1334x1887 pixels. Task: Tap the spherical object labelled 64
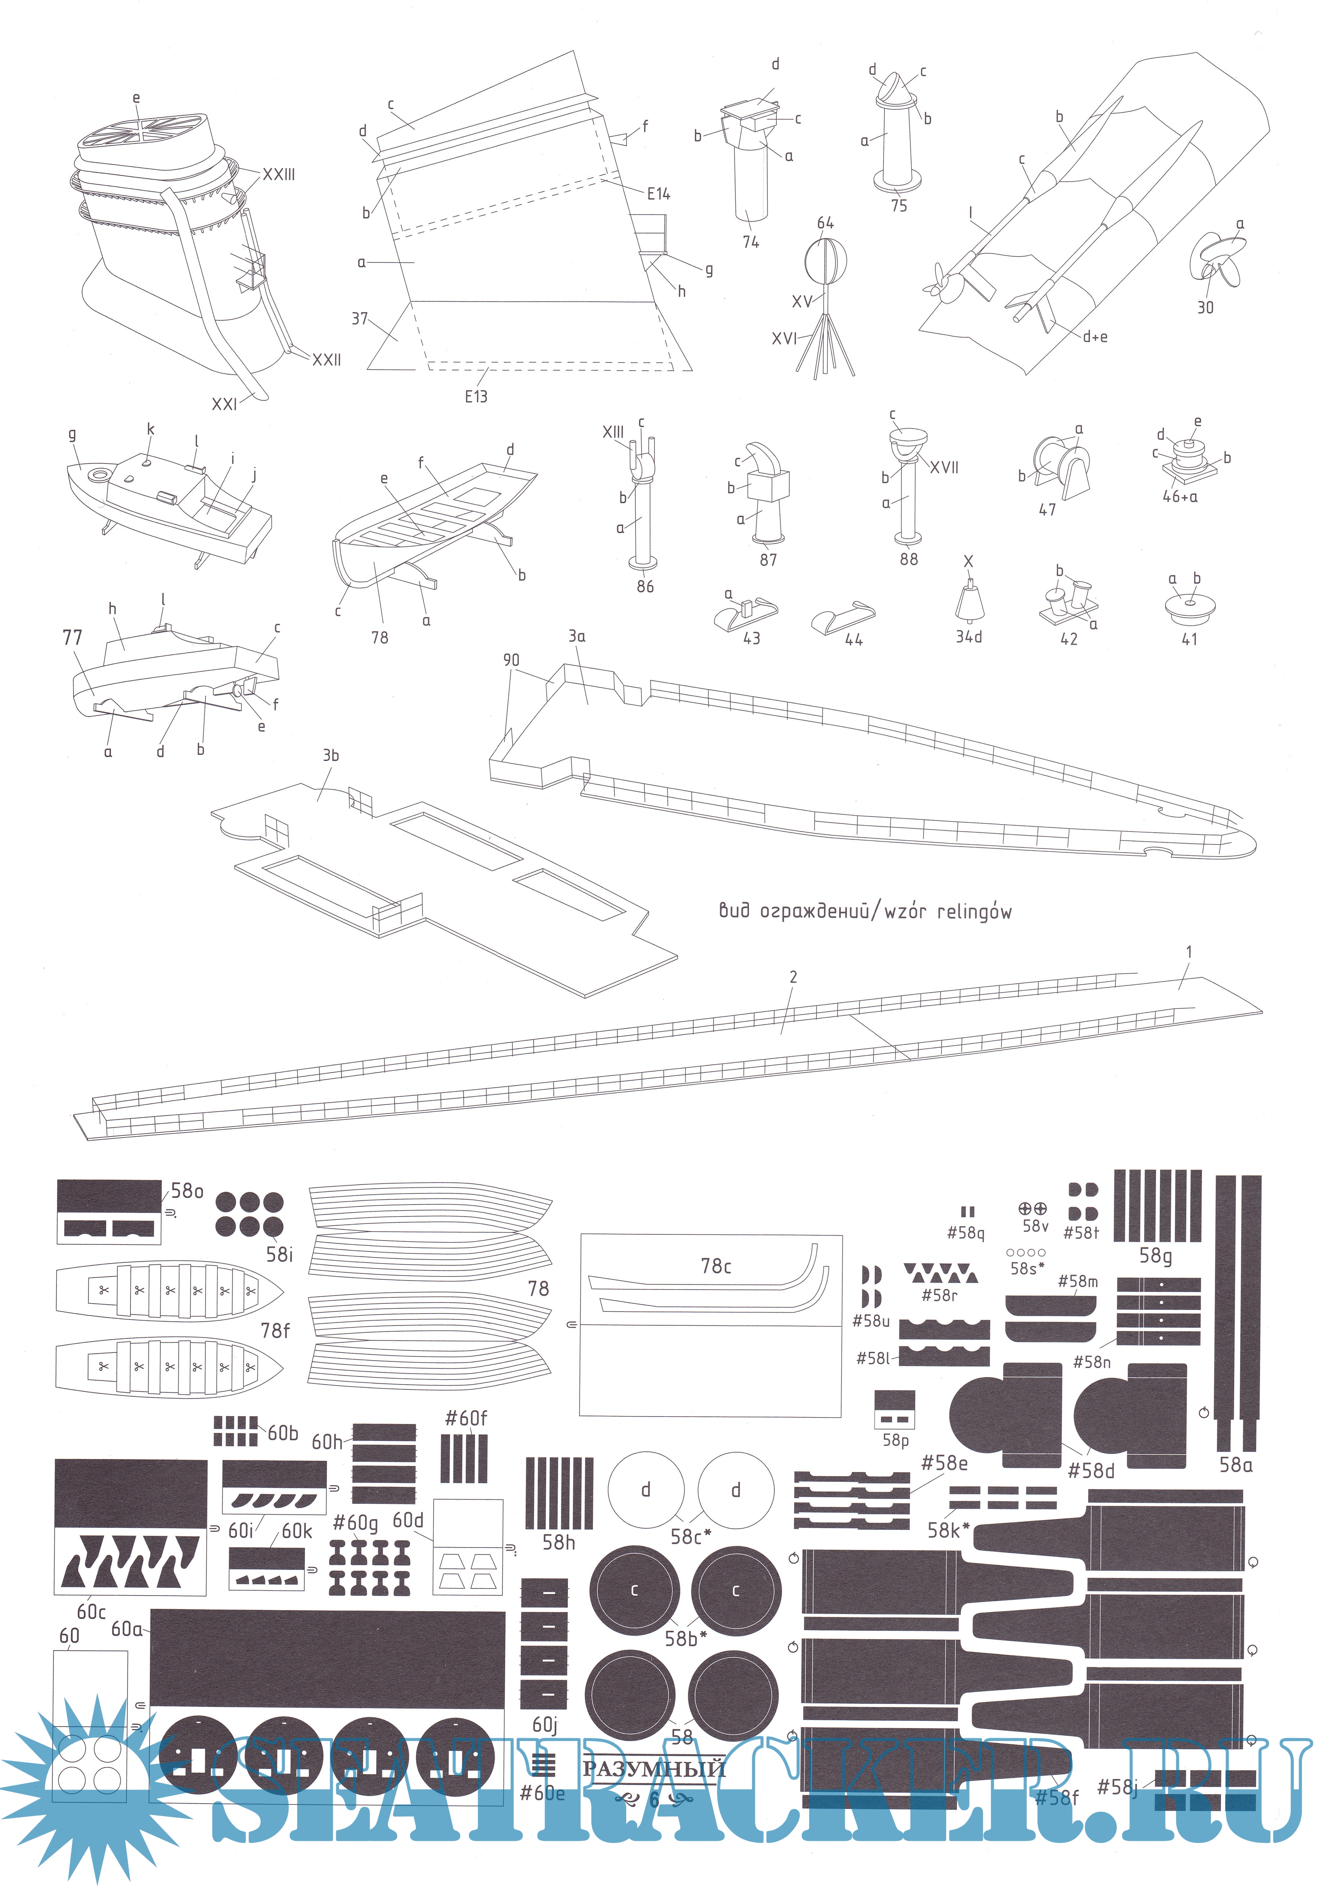pyautogui.click(x=824, y=261)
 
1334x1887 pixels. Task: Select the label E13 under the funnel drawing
pyautogui.click(x=476, y=396)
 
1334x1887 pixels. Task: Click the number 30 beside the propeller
pyautogui.click(x=1205, y=307)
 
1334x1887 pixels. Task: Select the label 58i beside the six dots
pyautogui.click(x=279, y=1255)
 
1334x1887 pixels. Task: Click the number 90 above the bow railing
pyautogui.click(x=511, y=660)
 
